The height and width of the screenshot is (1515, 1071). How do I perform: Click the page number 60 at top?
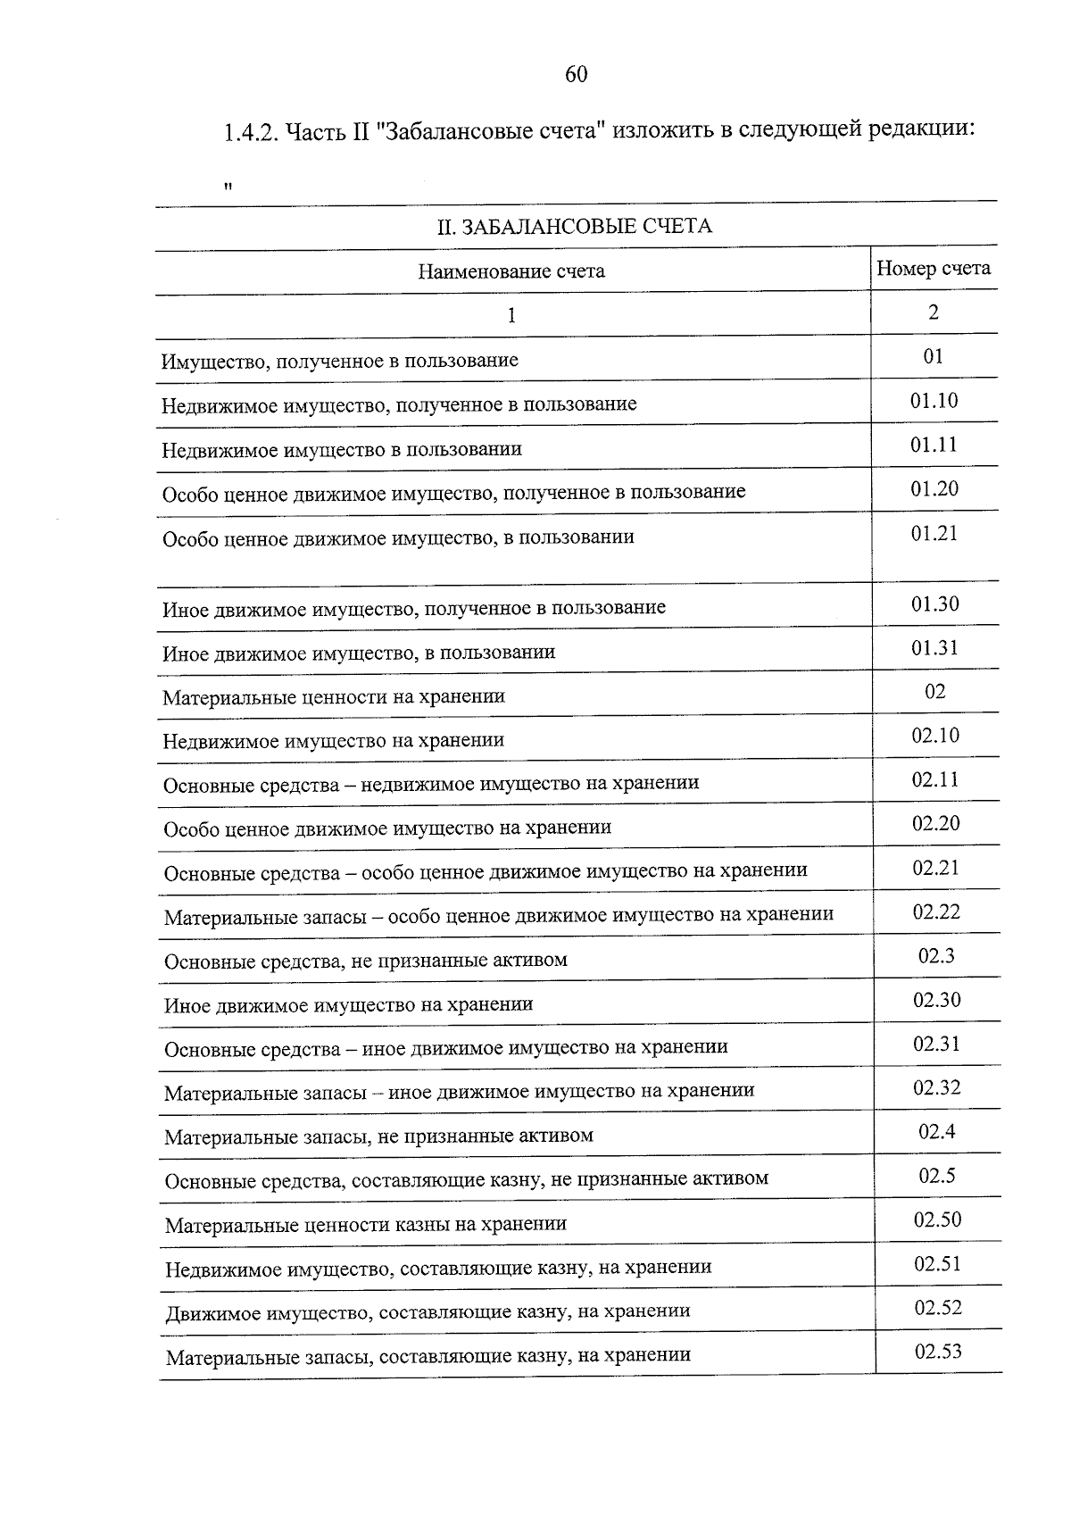[x=576, y=74]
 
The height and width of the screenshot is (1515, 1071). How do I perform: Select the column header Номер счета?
[x=933, y=269]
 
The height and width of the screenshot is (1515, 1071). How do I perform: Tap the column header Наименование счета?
[x=511, y=271]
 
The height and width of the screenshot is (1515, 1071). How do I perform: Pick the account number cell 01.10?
[x=934, y=401]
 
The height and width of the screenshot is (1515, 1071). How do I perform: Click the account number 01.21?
[x=934, y=534]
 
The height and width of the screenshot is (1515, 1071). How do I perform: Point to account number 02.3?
[x=936, y=956]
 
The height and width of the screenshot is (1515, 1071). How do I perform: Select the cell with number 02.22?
[x=935, y=912]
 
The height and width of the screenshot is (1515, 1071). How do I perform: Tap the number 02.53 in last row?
[x=937, y=1352]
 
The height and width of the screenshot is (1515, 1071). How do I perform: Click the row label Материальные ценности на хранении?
[x=334, y=696]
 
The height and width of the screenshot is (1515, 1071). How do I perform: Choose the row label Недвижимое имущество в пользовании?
[x=342, y=449]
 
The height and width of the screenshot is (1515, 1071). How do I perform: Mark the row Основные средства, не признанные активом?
[x=366, y=961]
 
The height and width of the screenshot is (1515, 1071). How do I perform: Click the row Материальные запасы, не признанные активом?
[x=378, y=1136]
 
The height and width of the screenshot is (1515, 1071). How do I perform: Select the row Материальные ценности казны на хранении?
[x=366, y=1224]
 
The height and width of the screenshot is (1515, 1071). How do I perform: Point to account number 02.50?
[x=937, y=1219]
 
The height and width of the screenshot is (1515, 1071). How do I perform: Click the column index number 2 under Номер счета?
[x=933, y=312]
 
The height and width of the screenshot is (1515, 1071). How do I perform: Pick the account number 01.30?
[x=934, y=604]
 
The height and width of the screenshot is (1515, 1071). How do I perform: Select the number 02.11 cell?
[x=934, y=780]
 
